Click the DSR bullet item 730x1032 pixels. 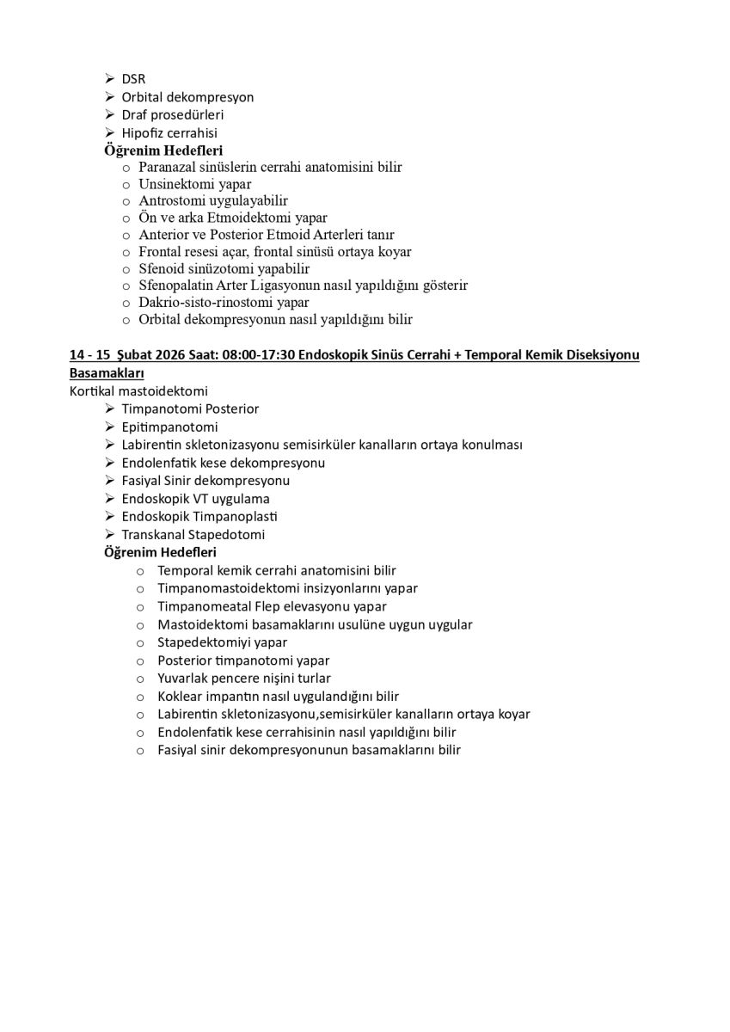(133, 79)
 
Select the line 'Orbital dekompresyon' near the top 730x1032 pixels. (187, 97)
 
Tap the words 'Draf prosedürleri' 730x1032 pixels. (173, 115)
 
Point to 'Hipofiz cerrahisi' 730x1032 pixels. (169, 133)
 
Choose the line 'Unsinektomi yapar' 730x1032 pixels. (195, 184)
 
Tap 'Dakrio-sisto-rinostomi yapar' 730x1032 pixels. (224, 303)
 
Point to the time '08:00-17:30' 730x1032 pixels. (258, 355)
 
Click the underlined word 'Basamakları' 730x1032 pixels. (107, 374)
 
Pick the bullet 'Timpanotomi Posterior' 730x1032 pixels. (190, 409)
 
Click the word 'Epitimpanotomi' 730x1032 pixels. (169, 427)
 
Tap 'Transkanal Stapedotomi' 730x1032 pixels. (193, 535)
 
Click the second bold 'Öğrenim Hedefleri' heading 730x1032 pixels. (160, 552)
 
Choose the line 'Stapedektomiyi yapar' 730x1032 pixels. (222, 642)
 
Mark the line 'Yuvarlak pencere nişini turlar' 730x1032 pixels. (256, 679)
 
